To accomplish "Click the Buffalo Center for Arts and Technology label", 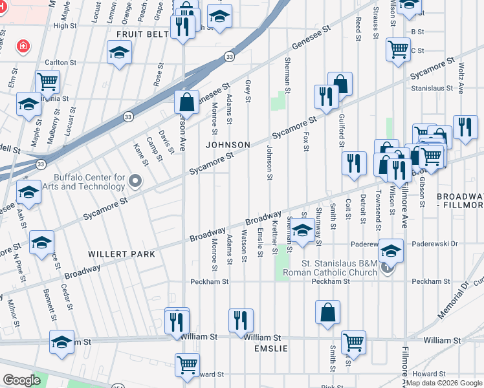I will (x=89, y=182).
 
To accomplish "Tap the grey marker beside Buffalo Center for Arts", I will (x=135, y=181).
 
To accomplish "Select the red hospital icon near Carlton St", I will (x=23, y=47).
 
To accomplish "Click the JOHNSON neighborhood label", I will (x=228, y=144).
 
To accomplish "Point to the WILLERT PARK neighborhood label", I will (x=123, y=254).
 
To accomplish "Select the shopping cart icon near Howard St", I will (x=187, y=363).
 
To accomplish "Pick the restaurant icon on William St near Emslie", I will (x=240, y=319).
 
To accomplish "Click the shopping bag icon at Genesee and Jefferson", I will (x=186, y=102).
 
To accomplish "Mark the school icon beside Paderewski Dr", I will (x=391, y=250).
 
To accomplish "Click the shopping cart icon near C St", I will (x=398, y=48).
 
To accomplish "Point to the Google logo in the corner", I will (x=21, y=380).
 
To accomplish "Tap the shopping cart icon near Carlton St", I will (x=47, y=81).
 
